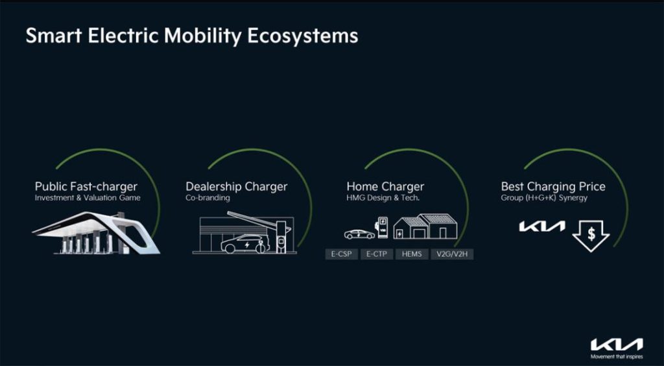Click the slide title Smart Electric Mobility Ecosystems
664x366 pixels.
[x=192, y=36]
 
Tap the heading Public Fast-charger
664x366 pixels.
[x=86, y=186]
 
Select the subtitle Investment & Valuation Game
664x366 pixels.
[x=88, y=198]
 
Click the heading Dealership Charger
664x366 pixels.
[x=236, y=186]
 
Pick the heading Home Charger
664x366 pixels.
[x=385, y=186]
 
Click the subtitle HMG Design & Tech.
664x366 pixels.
[x=383, y=198]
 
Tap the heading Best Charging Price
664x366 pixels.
[x=553, y=186]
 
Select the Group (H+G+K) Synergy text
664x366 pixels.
[x=544, y=198]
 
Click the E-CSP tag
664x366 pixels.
[x=341, y=254]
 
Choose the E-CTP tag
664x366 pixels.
[x=377, y=254]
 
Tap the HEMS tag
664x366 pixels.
[x=412, y=254]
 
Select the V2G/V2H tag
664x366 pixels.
[x=452, y=254]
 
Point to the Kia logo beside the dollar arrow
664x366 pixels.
[x=542, y=226]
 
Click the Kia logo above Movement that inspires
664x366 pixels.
[x=617, y=344]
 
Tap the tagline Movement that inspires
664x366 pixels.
[x=617, y=357]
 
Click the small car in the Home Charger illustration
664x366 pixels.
[x=359, y=234]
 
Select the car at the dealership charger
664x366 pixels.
[x=244, y=243]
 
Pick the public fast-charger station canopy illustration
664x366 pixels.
[x=96, y=233]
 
